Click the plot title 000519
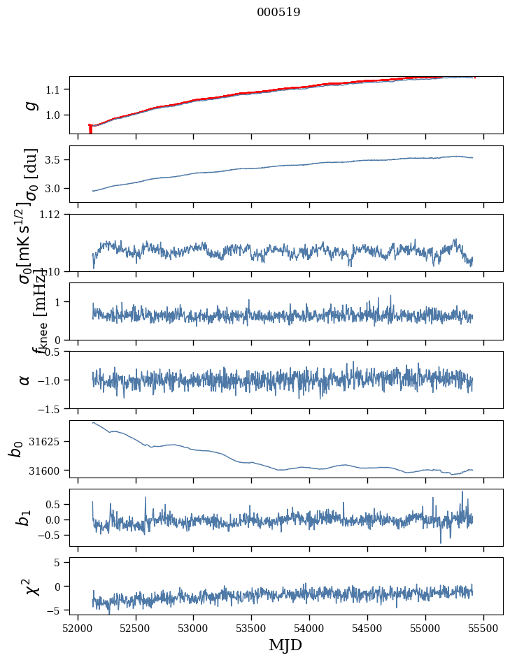coord(278,12)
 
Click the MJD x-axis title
coord(285,645)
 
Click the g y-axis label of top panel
coord(29,105)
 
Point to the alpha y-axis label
coord(24,380)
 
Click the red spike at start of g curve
coord(90,129)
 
